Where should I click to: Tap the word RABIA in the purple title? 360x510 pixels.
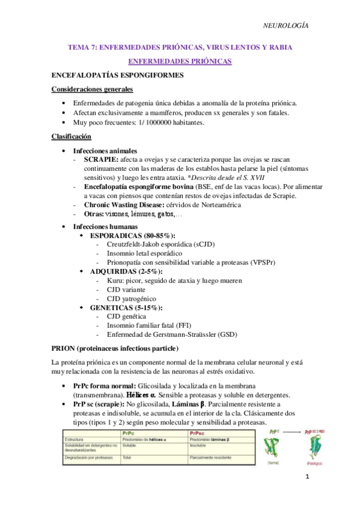[x=278, y=48]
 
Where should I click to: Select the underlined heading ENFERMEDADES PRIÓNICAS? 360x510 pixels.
[x=180, y=62]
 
